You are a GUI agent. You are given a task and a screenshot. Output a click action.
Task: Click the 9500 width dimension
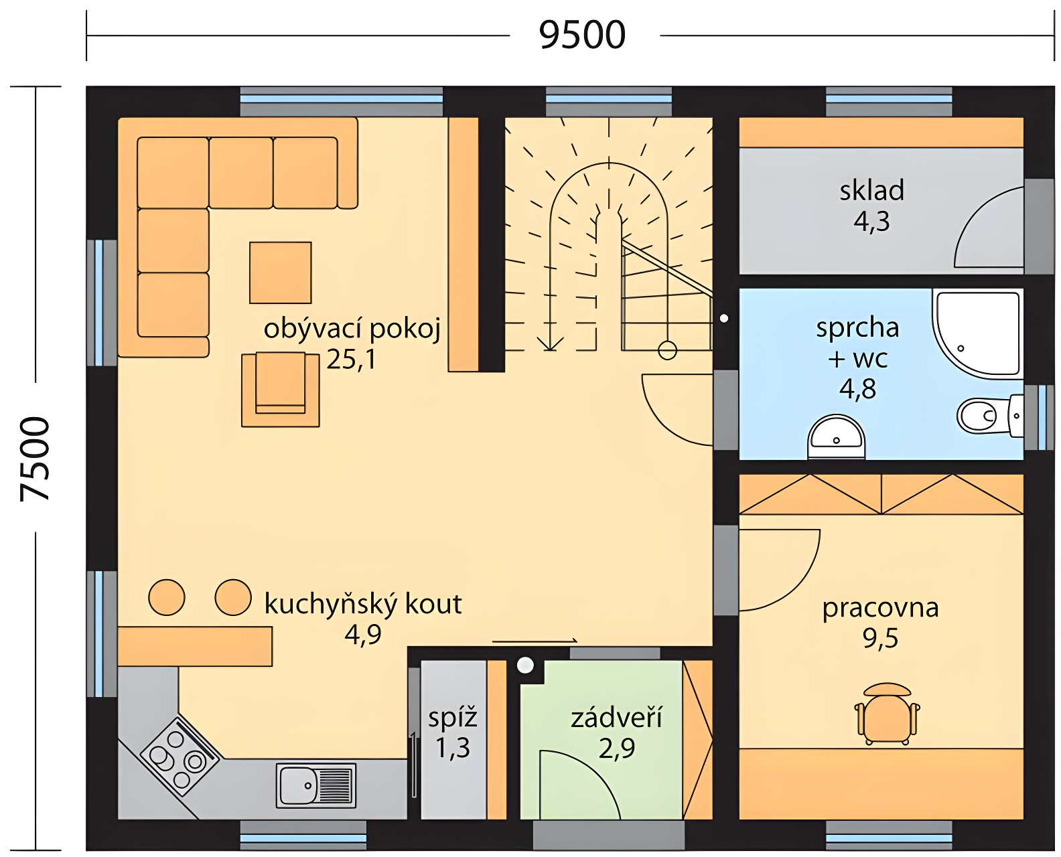582,35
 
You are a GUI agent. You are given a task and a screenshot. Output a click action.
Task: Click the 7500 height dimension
36,459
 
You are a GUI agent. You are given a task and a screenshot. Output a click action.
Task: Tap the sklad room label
871,190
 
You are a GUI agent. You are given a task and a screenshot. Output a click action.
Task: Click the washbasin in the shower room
837,437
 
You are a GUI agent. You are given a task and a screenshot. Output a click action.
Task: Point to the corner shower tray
977,333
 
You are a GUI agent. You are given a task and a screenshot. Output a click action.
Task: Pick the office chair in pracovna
887,714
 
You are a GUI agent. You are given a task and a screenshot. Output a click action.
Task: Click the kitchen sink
316,785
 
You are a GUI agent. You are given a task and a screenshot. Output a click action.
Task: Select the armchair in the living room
281,390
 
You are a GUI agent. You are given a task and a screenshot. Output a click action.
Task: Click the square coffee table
281,272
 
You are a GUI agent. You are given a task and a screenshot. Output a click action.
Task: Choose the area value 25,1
351,359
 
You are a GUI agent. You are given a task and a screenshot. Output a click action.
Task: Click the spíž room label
453,718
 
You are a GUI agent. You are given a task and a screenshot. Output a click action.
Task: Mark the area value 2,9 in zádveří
617,749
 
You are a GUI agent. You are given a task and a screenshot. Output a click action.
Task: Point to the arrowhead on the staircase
550,343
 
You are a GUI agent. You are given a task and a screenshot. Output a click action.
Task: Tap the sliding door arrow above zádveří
535,641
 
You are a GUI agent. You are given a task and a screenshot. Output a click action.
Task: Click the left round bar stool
167,597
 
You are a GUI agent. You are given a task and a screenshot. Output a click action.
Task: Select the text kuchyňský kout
362,605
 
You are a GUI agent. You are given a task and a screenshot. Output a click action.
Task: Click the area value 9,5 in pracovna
880,639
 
